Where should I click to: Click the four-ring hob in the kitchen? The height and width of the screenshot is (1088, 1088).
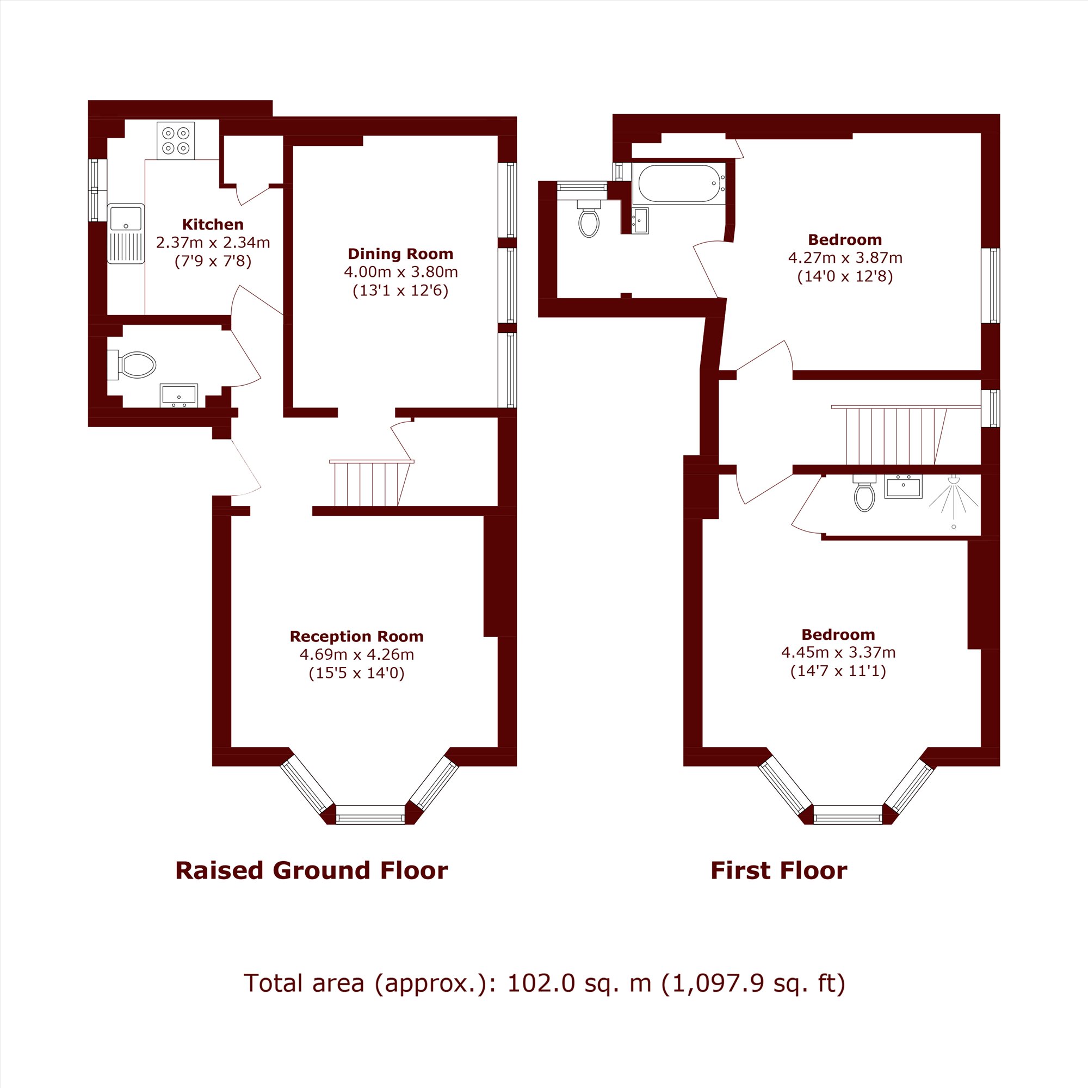pyautogui.click(x=176, y=141)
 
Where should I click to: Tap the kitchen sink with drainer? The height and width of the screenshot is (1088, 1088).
pyautogui.click(x=126, y=233)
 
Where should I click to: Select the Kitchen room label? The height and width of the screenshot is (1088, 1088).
pyautogui.click(x=213, y=225)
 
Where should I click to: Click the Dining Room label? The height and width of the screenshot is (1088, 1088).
pyautogui.click(x=400, y=254)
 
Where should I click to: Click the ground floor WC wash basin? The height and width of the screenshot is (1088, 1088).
pyautogui.click(x=179, y=395)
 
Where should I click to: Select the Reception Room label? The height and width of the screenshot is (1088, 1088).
pyautogui.click(x=356, y=636)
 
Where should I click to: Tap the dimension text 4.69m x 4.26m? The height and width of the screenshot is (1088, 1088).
pyautogui.click(x=356, y=654)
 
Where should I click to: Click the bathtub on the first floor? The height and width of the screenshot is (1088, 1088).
pyautogui.click(x=678, y=183)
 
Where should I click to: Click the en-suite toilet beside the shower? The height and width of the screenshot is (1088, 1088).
pyautogui.click(x=864, y=493)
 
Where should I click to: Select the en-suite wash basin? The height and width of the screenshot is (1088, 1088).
pyautogui.click(x=904, y=486)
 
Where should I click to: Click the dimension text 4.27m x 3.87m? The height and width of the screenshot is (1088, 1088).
pyautogui.click(x=845, y=258)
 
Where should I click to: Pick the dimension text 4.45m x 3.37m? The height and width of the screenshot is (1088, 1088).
pyautogui.click(x=838, y=652)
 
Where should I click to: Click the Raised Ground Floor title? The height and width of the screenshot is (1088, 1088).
pyautogui.click(x=311, y=870)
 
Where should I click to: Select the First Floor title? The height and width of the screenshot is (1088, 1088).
pyautogui.click(x=779, y=870)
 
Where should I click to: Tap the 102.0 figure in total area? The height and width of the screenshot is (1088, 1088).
pyautogui.click(x=541, y=983)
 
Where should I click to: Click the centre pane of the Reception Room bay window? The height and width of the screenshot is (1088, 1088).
pyautogui.click(x=370, y=814)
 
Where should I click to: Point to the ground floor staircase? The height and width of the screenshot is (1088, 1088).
pyautogui.click(x=372, y=483)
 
